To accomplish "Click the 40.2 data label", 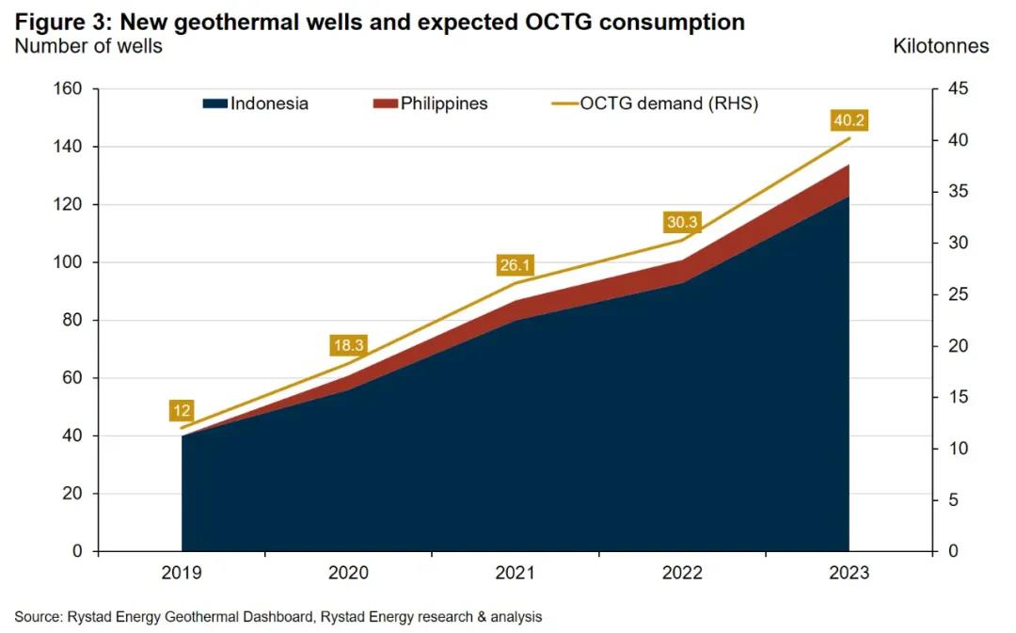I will click(849, 120).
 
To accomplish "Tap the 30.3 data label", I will click(681, 222).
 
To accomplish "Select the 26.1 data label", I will click(516, 265).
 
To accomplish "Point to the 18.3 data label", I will click(348, 345).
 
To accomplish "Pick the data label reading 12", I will click(182, 410).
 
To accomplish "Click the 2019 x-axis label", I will click(182, 573).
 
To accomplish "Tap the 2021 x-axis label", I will click(516, 573).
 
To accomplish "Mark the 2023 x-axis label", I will click(849, 573).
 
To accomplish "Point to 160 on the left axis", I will click(71, 89).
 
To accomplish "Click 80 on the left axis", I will click(74, 321).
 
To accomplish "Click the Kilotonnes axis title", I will click(941, 46).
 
